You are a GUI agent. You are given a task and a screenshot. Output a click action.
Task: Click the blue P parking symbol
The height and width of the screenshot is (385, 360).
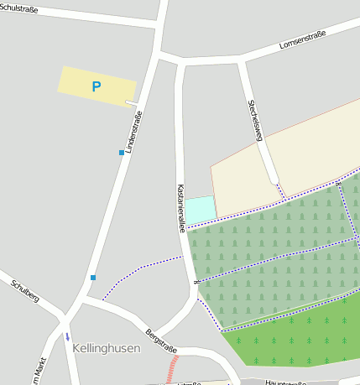tap(96, 86)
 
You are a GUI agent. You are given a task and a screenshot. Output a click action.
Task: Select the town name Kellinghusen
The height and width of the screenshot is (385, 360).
tap(106, 347)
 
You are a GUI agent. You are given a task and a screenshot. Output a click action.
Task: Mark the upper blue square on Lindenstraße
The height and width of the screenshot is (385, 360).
tap(121, 153)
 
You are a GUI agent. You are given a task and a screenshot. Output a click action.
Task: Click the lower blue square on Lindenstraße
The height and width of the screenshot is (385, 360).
tap(93, 278)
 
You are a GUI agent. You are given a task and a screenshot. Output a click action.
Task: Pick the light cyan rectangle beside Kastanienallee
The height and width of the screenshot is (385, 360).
tap(200, 210)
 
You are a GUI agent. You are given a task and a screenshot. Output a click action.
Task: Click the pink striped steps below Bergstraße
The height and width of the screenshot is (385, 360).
tap(172, 368)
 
